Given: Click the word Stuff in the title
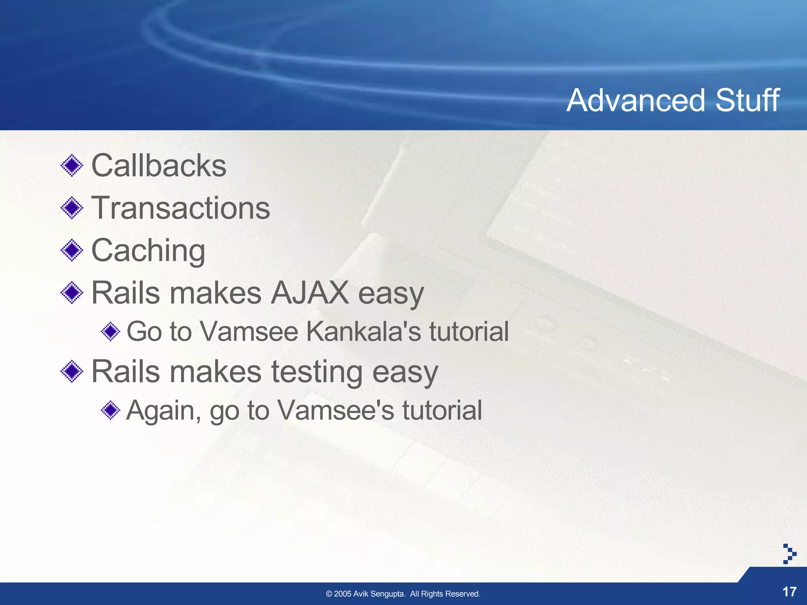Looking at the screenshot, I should coord(747,100).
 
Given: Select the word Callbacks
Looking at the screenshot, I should coord(159,165).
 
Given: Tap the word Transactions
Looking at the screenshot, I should coord(180,208).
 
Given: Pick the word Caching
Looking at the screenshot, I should coord(148,251).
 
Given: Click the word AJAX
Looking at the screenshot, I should coord(310,293).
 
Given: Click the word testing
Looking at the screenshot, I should coord(317,372).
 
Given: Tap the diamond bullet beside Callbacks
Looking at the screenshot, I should coord(72,165).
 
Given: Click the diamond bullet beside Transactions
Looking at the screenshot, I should coord(72,208).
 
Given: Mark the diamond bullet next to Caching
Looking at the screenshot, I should coord(72,250).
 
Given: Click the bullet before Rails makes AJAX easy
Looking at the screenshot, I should coord(72,293).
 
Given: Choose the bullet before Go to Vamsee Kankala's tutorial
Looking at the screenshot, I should coord(110,331).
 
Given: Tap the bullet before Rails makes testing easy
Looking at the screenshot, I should coord(72,371).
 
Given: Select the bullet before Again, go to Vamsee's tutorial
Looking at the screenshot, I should coord(110,410).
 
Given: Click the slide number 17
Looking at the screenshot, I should coord(789,592).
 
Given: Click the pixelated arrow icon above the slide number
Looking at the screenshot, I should coord(789,554).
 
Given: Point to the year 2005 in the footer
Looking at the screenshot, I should coord(342,594).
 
